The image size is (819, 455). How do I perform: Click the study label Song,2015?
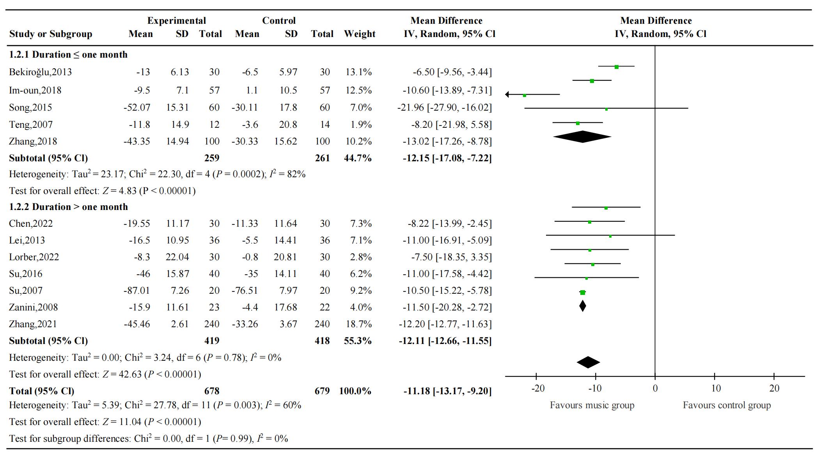pos(30,108)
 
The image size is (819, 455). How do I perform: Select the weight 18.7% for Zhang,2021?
pos(358,324)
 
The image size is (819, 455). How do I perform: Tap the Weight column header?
pos(359,34)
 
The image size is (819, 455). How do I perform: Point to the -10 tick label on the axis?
pos(595,388)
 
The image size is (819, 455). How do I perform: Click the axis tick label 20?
pos(774,388)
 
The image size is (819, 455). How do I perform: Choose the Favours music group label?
pos(592,405)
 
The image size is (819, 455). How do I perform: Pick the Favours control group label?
pos(727,405)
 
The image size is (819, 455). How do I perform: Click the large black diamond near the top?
pos(582,137)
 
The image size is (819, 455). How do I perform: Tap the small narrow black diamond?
pos(582,306)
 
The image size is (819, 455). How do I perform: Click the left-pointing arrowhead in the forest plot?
pos(507,94)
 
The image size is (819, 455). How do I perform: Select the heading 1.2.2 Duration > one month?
pos(68,207)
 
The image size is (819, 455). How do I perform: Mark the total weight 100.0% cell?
pos(355,391)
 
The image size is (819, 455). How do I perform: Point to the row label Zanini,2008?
pos(33,307)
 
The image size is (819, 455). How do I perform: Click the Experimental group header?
pos(176,21)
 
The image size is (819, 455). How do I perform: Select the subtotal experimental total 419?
pos(211,341)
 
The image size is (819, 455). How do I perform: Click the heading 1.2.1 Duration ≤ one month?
pos(68,55)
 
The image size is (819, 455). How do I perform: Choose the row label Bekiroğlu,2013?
pos(40,72)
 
